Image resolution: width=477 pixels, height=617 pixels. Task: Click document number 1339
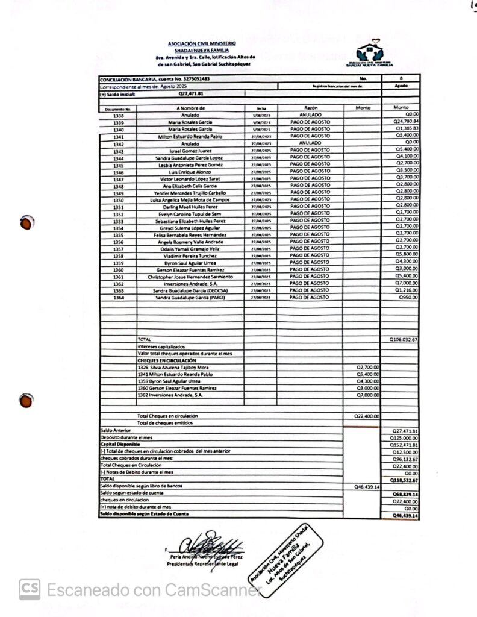pos(119,122)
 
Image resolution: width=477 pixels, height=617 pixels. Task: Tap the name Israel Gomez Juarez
pos(190,151)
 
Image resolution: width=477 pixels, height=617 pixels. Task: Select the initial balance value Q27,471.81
pos(191,94)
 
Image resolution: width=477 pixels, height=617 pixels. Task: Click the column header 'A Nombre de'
pos(191,108)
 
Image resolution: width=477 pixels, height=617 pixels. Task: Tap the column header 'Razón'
pos(310,108)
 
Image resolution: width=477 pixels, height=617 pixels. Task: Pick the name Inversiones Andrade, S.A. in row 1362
pos(190,283)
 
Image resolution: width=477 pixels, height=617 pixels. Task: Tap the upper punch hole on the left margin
pos(25,223)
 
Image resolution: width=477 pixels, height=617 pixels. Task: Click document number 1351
pos(119,207)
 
